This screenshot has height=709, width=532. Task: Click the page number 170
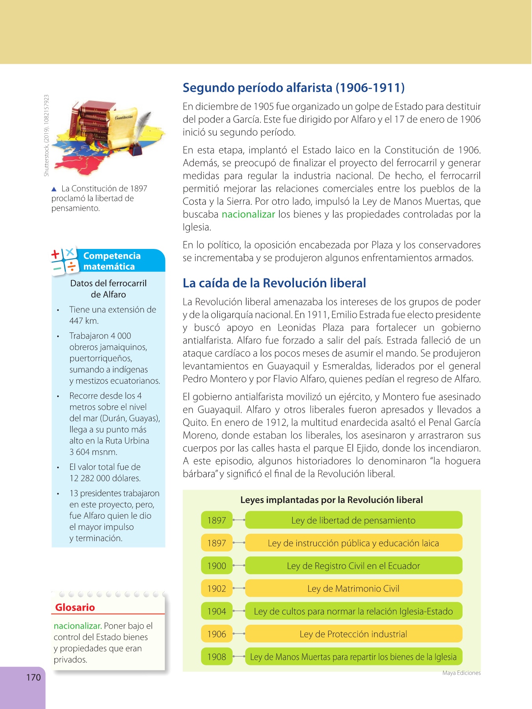[x=33, y=677]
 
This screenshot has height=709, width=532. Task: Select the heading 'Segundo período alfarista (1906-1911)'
[x=294, y=87]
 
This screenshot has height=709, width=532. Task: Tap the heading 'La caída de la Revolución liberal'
[x=274, y=283]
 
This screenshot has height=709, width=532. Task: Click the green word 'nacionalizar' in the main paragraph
[x=248, y=214]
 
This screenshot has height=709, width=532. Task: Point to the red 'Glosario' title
[x=75, y=607]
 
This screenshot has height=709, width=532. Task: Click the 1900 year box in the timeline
[x=217, y=566]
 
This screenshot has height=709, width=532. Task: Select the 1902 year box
[x=217, y=588]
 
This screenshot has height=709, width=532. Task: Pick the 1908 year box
[x=217, y=657]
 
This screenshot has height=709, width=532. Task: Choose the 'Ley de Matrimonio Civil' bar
[x=353, y=588]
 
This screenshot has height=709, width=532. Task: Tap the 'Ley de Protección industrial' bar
[x=353, y=634]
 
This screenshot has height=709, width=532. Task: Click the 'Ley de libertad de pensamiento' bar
[x=353, y=520]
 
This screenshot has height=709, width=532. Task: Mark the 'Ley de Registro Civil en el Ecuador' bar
[x=353, y=566]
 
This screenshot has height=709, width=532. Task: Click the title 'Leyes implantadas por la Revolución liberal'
[x=331, y=500]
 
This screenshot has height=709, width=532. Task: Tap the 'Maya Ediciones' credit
[x=461, y=673]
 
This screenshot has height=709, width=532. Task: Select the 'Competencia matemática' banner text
[x=112, y=261]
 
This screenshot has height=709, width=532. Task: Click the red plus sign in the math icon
[x=56, y=254]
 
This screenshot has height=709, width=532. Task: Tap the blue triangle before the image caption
[x=54, y=189]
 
